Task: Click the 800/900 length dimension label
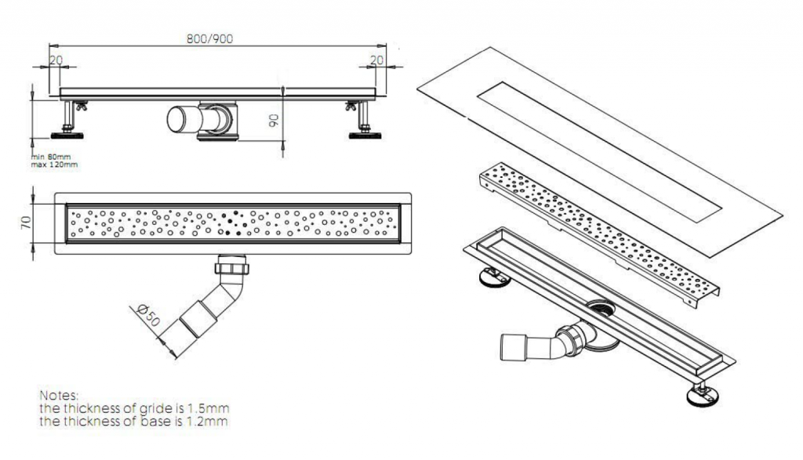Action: pos(209,39)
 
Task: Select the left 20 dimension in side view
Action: pos(56,60)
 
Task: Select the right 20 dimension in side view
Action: pos(376,60)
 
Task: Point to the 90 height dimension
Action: pos(274,120)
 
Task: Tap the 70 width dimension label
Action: pos(26,222)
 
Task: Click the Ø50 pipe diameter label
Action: pos(148,315)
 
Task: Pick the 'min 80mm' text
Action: pos(51,157)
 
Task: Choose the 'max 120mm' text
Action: pos(54,165)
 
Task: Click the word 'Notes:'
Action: pos(60,396)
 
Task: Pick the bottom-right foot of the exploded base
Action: pos(703,394)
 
